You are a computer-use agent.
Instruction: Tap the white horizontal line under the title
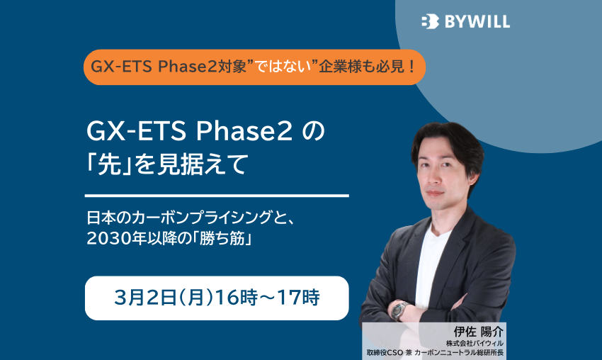pos(217,195)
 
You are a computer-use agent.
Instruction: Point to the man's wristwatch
pos(400,310)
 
